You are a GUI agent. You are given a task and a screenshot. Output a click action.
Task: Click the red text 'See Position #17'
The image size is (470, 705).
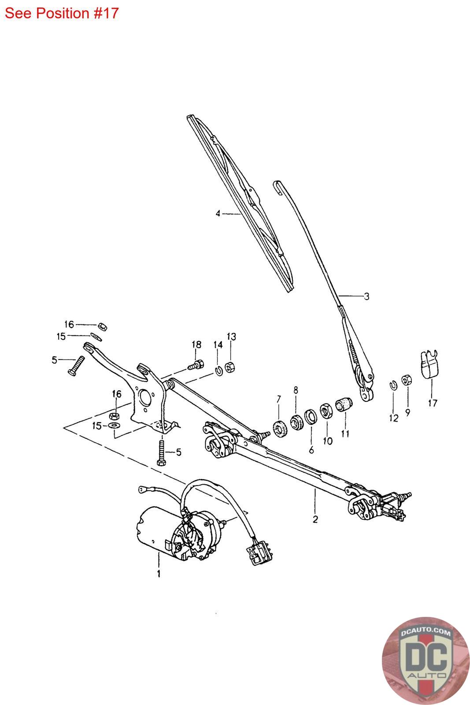click(62, 13)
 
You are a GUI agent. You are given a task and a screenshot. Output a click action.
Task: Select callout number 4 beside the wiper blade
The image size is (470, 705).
click(218, 214)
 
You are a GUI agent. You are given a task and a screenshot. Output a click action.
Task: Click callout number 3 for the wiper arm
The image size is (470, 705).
click(366, 296)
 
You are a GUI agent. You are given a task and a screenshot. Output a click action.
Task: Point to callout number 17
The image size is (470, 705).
click(433, 403)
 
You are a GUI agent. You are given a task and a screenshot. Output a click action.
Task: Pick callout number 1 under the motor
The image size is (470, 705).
click(159, 574)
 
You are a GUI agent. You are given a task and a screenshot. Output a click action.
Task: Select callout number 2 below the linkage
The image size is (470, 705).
click(315, 519)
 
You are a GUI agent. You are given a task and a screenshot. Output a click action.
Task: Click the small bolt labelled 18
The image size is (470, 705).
click(195, 365)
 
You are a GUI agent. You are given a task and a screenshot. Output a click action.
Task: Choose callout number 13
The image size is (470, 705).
click(231, 337)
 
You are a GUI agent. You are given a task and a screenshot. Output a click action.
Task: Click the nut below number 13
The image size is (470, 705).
click(229, 367)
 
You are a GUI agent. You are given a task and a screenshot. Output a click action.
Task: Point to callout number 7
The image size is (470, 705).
click(278, 400)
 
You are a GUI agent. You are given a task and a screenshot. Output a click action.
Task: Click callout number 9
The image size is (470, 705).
click(407, 414)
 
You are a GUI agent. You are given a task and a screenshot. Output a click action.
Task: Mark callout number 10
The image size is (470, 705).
click(327, 440)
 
